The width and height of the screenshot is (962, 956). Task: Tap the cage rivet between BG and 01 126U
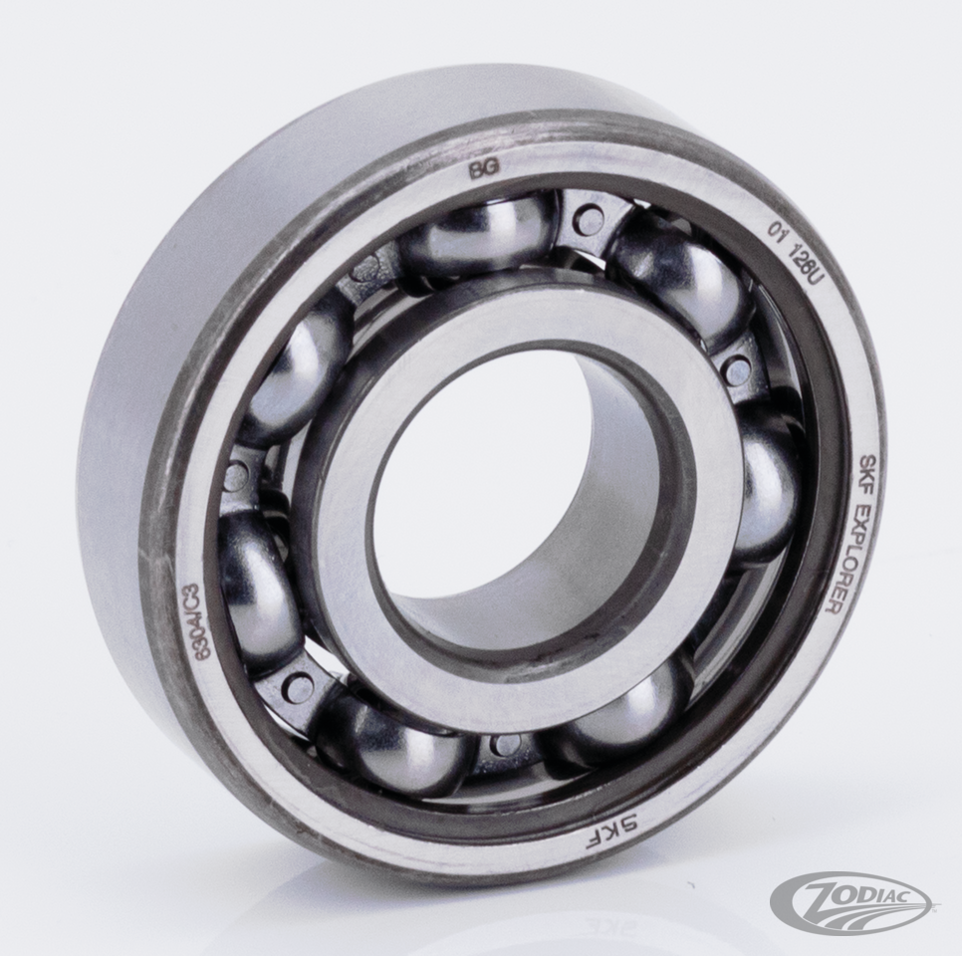pyautogui.click(x=590, y=220)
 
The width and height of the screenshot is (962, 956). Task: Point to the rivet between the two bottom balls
pyautogui.click(x=506, y=744)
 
